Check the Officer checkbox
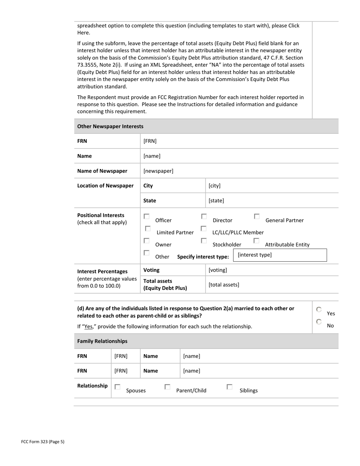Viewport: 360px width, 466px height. coord(147,216)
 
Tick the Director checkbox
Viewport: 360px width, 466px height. coord(204,216)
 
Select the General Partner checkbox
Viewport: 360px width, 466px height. coord(257,216)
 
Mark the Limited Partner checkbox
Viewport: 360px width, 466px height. coord(148,228)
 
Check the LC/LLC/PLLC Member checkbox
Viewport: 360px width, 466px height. coord(203,228)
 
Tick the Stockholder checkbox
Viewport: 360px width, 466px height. coord(204,241)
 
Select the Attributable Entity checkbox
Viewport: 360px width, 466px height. coord(256,241)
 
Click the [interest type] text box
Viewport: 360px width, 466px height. coord(280,255)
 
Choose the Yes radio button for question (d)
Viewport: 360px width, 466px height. coord(319,310)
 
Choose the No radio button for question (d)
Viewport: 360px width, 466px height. coord(319,322)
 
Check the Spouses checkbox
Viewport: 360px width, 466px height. coord(117,387)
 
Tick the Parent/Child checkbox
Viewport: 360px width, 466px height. coord(167,387)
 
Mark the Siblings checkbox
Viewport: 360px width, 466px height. coord(229,387)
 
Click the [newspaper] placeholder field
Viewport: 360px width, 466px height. coord(158,171)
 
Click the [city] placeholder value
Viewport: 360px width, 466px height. coord(214,186)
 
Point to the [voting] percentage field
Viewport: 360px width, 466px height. coord(218,270)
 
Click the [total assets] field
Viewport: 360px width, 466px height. coord(224,285)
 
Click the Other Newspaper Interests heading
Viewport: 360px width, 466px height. coord(110,126)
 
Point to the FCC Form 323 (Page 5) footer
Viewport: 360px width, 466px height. coord(43,441)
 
